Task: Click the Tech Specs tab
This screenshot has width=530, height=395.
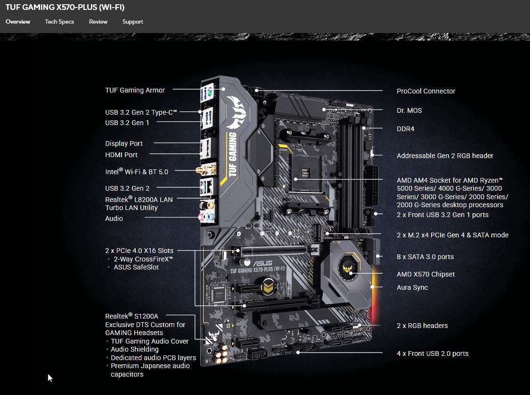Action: pyautogui.click(x=59, y=22)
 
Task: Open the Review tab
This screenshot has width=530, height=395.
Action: pyautogui.click(x=98, y=22)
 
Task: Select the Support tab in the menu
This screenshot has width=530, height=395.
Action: pyautogui.click(x=132, y=22)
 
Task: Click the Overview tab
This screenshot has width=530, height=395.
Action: pyautogui.click(x=18, y=22)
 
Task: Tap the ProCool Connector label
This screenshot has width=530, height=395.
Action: pyautogui.click(x=426, y=91)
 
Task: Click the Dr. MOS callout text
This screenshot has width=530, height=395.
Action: pyautogui.click(x=409, y=110)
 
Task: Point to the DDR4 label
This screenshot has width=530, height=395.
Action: pyautogui.click(x=405, y=129)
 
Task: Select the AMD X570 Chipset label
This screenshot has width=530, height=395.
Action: pyautogui.click(x=425, y=274)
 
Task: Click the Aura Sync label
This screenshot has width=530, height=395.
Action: pyautogui.click(x=412, y=287)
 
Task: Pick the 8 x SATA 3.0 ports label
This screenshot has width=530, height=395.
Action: pyautogui.click(x=425, y=257)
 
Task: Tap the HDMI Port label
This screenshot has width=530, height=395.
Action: pyautogui.click(x=121, y=155)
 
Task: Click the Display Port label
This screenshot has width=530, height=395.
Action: pyautogui.click(x=123, y=143)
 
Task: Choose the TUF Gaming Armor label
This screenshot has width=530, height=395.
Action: pyautogui.click(x=135, y=90)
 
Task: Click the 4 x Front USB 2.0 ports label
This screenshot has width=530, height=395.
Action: pyautogui.click(x=432, y=353)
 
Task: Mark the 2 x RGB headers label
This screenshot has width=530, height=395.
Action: pyautogui.click(x=422, y=326)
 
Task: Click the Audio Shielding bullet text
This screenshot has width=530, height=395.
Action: pyautogui.click(x=134, y=349)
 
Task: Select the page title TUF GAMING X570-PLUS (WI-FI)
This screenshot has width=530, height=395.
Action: pyautogui.click(x=65, y=8)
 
